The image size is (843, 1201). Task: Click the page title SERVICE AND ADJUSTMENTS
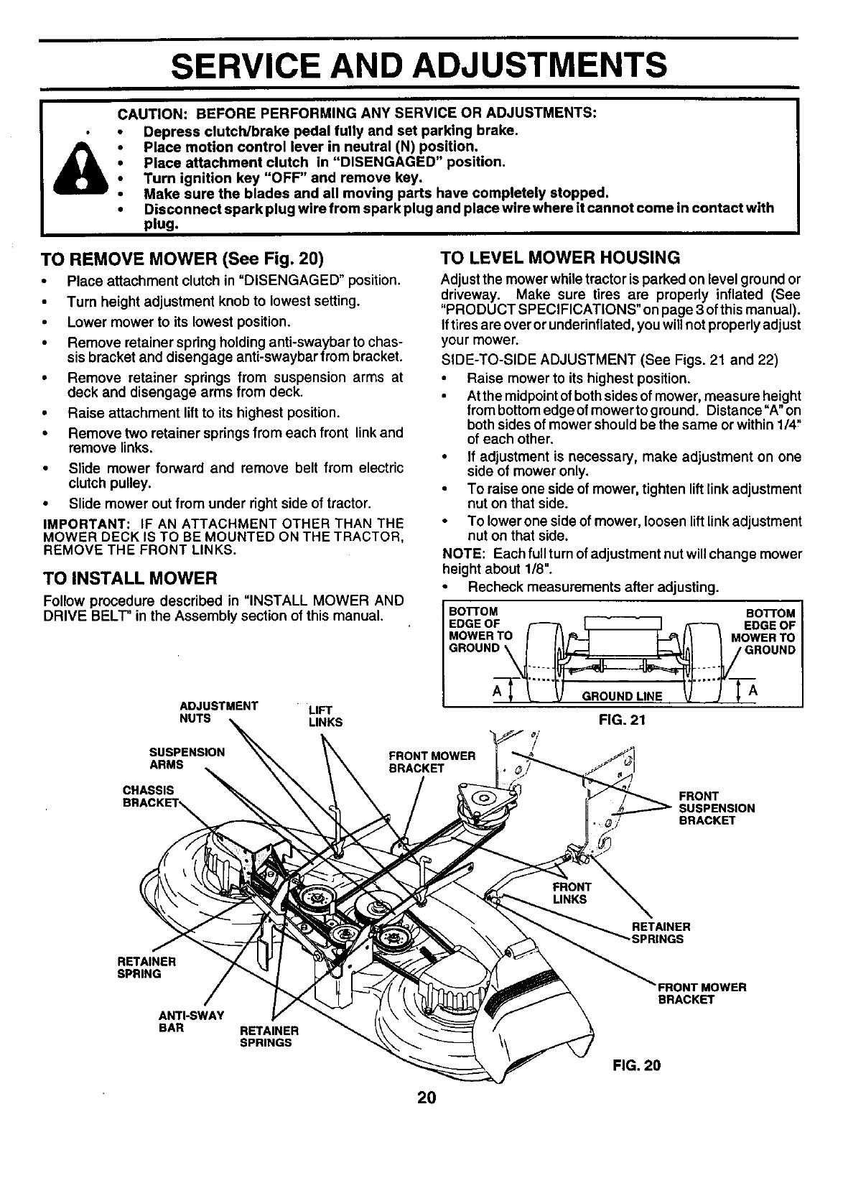click(x=421, y=64)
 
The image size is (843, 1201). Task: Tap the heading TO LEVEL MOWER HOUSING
click(x=559, y=257)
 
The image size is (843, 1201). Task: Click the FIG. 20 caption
click(x=636, y=1065)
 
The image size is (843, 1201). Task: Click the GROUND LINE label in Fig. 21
click(x=622, y=696)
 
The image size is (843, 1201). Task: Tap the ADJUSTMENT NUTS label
click(x=218, y=712)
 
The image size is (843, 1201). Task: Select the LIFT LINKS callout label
click(x=325, y=716)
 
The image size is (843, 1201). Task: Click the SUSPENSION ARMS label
click(x=187, y=759)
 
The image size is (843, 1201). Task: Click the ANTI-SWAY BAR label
click(x=191, y=1021)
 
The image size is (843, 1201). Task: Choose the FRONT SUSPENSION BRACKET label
click(x=716, y=808)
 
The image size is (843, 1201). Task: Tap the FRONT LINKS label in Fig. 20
click(x=569, y=893)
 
